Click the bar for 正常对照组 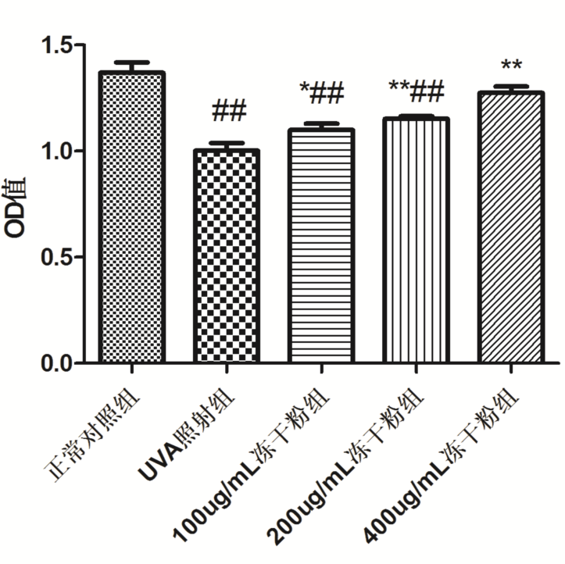pyautogui.click(x=131, y=219)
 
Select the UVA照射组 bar pyautogui.click(x=226, y=258)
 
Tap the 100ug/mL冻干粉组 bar pyautogui.click(x=321, y=247)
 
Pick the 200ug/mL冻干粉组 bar pyautogui.click(x=415, y=242)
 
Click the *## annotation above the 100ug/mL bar pyautogui.click(x=321, y=94)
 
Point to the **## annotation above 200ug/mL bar pyautogui.click(x=415, y=91)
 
